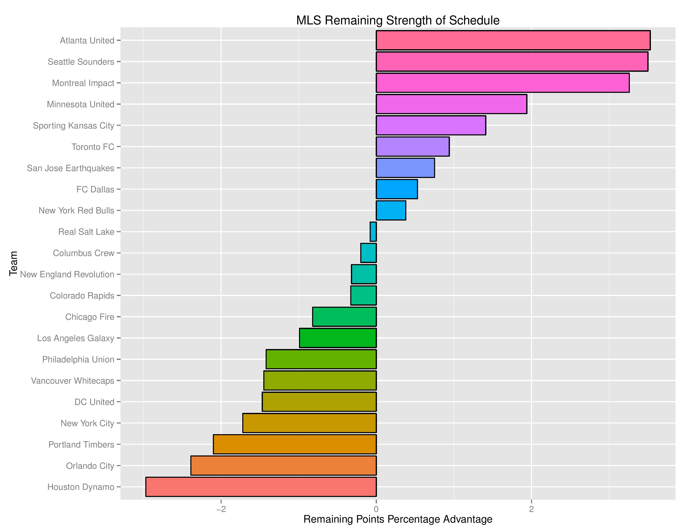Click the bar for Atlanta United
click(x=513, y=40)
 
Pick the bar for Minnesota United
click(x=451, y=104)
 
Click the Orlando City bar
click(x=284, y=465)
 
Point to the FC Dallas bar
click(x=397, y=189)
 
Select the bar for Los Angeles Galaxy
click(x=338, y=338)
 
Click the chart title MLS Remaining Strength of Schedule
click(x=398, y=20)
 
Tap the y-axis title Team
click(x=13, y=263)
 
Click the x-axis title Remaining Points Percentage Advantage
click(x=398, y=519)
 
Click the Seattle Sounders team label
click(x=81, y=62)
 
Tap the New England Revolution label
click(x=67, y=274)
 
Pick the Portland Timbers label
click(x=81, y=444)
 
